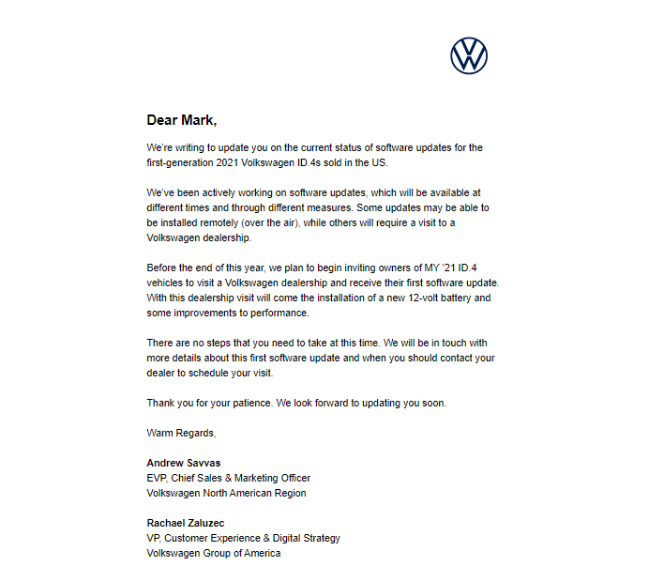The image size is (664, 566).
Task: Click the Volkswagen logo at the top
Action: (x=469, y=56)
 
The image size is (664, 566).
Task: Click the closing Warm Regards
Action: (x=181, y=433)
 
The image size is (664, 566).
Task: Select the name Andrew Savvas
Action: (x=184, y=463)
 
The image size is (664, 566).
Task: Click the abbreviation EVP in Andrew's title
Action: (x=157, y=478)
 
